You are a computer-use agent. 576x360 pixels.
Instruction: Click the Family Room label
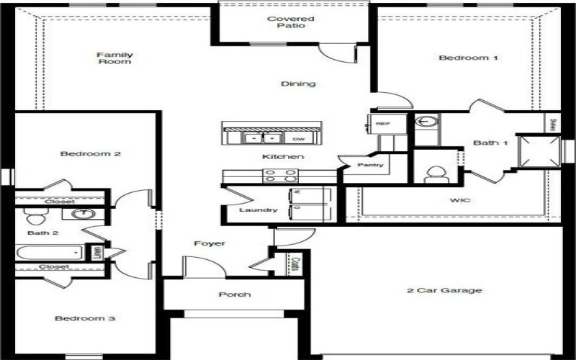[x=115, y=58]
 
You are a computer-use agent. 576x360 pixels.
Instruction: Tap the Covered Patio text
[x=286, y=22]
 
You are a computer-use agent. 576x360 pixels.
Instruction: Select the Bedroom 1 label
[x=468, y=58]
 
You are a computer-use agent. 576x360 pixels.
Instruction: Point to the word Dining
[x=298, y=84]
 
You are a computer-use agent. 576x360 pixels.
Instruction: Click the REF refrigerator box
[x=382, y=124]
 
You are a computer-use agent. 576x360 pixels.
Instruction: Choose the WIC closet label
[x=459, y=199]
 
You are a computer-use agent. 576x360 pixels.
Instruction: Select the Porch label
[x=235, y=294]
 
